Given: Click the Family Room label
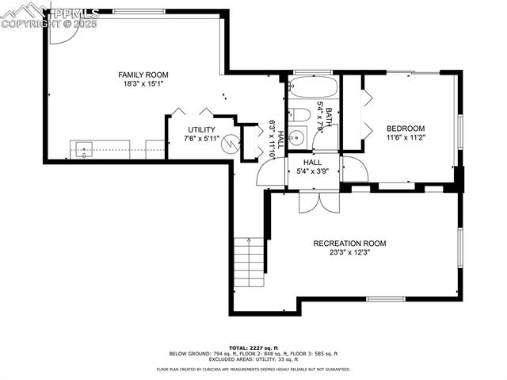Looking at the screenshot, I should coord(143,75).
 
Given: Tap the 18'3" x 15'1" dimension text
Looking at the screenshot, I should coord(143,83).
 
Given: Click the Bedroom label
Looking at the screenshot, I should coord(406,129).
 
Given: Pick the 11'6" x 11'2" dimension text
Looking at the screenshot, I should coord(406,137).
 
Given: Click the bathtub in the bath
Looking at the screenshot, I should coord(313,87).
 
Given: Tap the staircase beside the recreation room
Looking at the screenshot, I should coord(250,263).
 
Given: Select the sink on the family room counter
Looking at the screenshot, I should coord(84,148).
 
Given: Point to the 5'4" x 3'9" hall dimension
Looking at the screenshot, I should coord(313,170).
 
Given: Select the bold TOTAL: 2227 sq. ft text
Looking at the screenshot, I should coord(253,347).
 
